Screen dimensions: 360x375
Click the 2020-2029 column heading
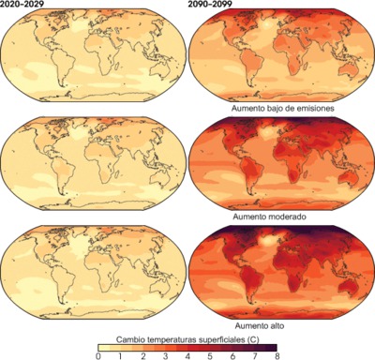click(23, 6)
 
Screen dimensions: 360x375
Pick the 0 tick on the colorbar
click(97, 356)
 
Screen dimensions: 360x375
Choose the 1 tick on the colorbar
click(120, 356)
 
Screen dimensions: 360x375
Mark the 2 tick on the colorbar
click(142, 356)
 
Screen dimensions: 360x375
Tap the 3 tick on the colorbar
click(165, 356)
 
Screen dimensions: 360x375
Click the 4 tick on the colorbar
click(187, 356)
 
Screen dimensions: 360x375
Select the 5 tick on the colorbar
click(210, 356)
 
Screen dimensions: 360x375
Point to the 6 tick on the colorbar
click(232, 356)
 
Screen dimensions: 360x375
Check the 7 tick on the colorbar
click(255, 356)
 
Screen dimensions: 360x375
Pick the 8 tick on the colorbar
click(277, 356)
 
